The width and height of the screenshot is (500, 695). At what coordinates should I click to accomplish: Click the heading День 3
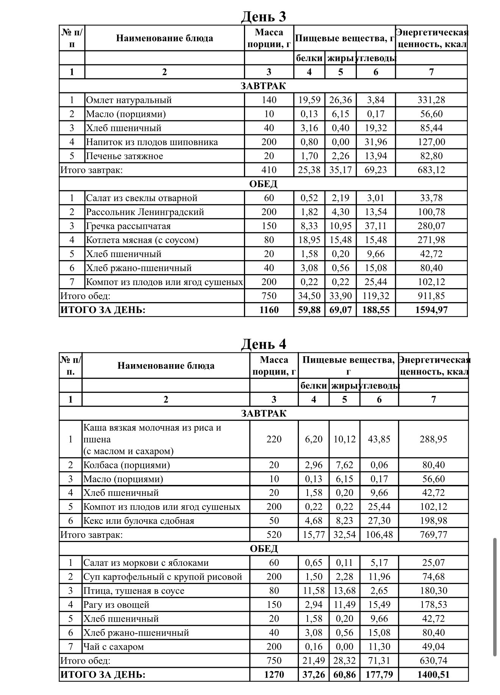[264, 16]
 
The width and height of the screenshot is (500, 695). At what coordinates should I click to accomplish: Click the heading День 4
[264, 344]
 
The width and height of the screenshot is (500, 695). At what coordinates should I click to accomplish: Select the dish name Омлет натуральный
[129, 100]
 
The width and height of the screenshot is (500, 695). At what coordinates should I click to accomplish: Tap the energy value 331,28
[431, 100]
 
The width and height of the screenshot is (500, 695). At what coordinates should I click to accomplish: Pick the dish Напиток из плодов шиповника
[152, 142]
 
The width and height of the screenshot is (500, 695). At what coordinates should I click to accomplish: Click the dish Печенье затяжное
[124, 156]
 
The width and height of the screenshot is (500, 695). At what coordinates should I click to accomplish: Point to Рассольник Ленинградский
[145, 212]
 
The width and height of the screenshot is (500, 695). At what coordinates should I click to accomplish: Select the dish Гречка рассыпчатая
[128, 226]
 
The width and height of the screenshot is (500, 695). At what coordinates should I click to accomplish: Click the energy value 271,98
[431, 240]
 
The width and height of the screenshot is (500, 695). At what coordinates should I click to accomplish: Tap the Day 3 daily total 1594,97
[431, 310]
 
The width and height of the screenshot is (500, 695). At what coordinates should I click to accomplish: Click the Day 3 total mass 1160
[269, 310]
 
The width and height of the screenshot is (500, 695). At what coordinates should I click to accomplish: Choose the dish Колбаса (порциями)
[127, 465]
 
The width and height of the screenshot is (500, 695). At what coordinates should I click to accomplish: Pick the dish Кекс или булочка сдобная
[139, 520]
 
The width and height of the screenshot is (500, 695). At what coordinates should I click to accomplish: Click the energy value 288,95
[433, 439]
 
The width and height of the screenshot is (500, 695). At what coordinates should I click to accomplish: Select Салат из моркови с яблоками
[146, 563]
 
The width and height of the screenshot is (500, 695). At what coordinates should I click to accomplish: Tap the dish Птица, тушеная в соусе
[134, 591]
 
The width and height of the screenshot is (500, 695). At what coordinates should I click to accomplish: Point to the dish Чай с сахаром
[114, 647]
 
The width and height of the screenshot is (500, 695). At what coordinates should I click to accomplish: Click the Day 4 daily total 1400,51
[433, 675]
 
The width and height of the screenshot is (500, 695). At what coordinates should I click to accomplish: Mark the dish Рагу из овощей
[116, 605]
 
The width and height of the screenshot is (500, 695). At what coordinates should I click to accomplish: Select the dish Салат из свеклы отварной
[142, 198]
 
